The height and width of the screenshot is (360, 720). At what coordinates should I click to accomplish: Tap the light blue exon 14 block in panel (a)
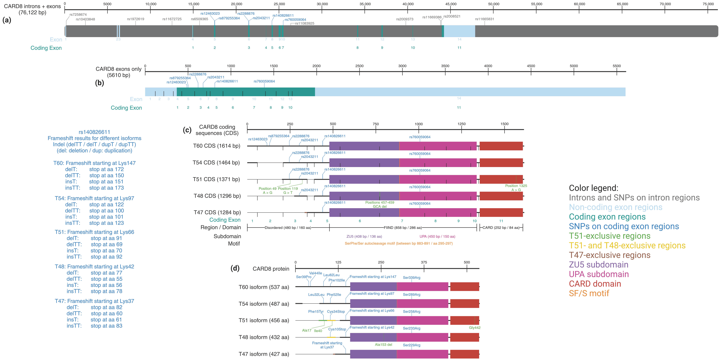459,31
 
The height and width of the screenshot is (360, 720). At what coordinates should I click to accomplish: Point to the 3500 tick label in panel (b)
445,66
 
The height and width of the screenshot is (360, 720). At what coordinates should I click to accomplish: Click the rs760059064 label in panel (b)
264,81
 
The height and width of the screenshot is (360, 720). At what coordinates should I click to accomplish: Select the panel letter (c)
187,130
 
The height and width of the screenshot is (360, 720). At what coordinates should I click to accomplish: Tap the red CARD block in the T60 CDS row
501,146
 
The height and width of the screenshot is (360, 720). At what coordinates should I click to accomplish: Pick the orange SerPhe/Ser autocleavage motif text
399,243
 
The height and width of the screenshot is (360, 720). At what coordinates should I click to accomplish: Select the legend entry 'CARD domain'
595,284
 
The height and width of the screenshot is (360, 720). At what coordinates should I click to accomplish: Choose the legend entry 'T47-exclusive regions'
609,255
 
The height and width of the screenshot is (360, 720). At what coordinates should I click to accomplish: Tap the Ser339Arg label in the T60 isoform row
411,278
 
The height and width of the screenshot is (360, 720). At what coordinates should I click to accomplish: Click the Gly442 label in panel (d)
475,328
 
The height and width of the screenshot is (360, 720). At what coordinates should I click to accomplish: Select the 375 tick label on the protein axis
424,262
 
